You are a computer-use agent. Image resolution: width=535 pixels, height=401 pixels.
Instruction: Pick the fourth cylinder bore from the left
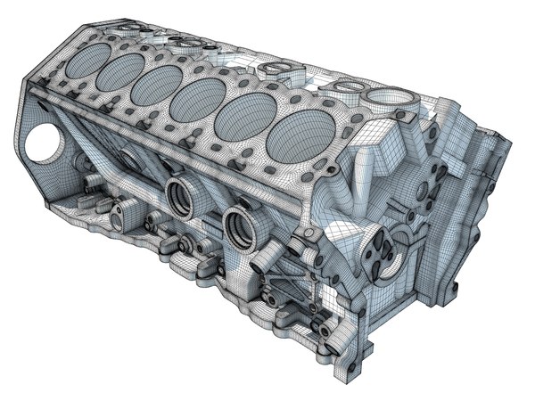click(x=201, y=99)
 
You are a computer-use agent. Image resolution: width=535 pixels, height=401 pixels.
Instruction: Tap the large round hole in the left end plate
click(x=42, y=145)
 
